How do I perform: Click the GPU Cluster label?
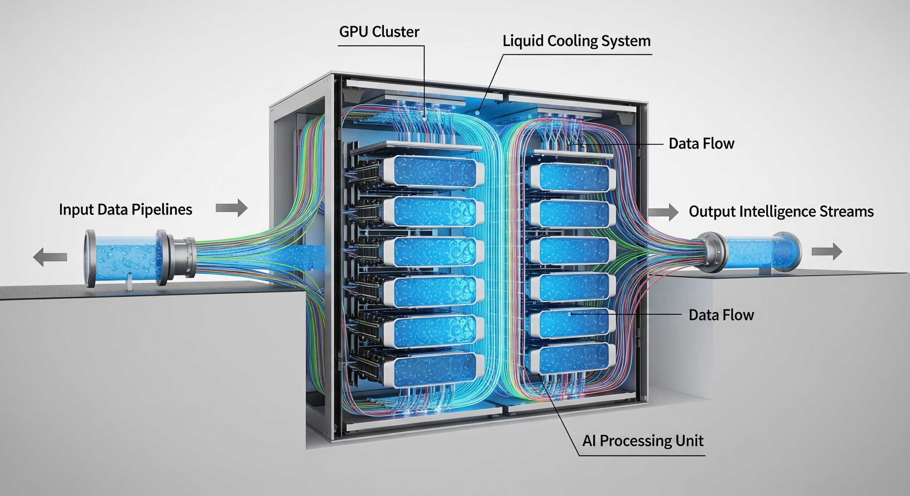(379, 32)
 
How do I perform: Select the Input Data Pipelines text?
(125, 210)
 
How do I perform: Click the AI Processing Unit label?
(643, 441)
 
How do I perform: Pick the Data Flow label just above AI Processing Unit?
(721, 315)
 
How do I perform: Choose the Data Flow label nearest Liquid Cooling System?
(701, 144)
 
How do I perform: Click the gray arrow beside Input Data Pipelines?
(231, 208)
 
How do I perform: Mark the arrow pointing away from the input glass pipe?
(50, 257)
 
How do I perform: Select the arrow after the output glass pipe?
(827, 252)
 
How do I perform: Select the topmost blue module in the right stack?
(573, 177)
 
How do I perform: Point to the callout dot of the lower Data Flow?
(570, 314)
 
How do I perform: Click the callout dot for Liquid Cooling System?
(477, 113)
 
